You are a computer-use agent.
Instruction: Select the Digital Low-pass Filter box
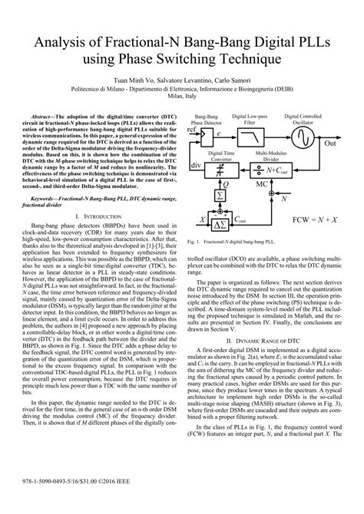tap(251, 137)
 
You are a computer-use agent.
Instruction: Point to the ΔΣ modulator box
tap(220, 222)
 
